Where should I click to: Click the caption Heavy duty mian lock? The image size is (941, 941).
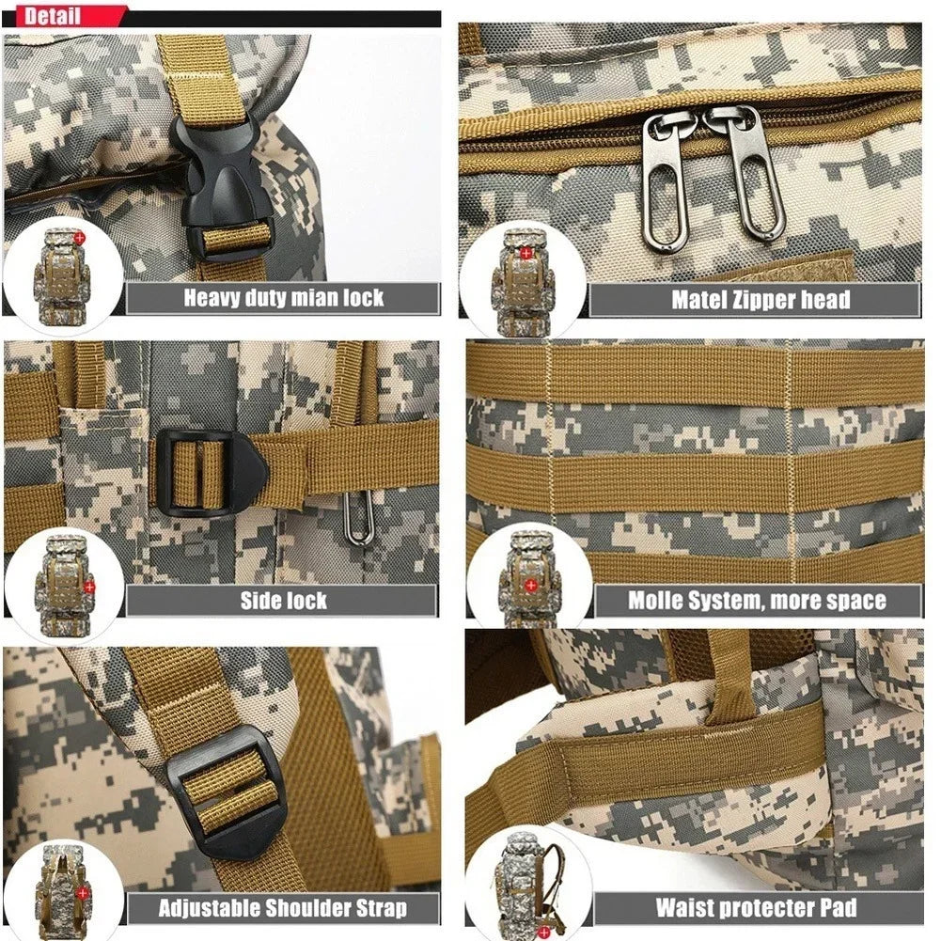[283, 299]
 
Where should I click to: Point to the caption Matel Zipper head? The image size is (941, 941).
[760, 300]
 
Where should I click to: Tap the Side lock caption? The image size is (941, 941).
[283, 601]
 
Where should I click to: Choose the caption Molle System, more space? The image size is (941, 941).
[757, 601]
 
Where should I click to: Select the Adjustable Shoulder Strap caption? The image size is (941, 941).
[283, 908]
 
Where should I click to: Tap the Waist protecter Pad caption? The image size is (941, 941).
[756, 908]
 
